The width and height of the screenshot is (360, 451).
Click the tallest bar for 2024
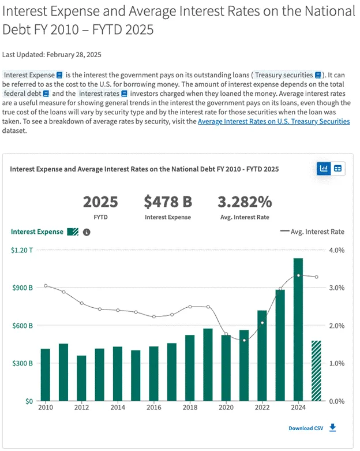(298, 329)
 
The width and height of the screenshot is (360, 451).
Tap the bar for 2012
(81, 378)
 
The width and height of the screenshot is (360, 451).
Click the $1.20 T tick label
(22, 250)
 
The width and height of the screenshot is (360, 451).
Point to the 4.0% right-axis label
(336, 250)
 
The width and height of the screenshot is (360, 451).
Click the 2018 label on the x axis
(190, 408)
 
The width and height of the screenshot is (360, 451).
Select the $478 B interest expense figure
(167, 202)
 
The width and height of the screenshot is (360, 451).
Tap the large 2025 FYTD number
(100, 202)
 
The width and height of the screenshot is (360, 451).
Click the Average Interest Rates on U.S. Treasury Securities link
(273, 121)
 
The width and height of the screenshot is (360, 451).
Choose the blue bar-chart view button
(324, 169)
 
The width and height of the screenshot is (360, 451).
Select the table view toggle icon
(338, 169)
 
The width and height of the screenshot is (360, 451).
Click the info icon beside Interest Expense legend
(87, 232)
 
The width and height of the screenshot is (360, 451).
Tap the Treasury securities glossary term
(288, 75)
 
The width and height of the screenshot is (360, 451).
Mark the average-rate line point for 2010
(46, 286)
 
